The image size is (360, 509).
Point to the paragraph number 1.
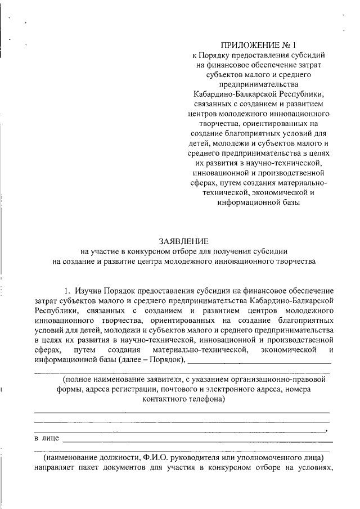(x=66, y=291)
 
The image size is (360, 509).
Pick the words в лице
(x=47, y=438)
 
